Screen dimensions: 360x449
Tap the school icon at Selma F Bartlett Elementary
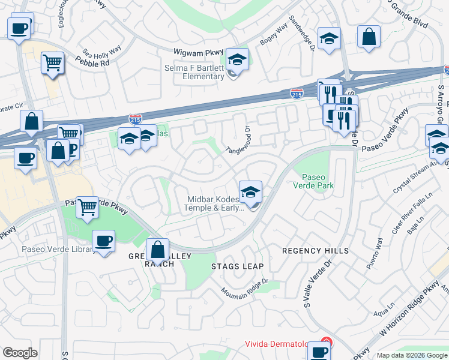coord(238,60)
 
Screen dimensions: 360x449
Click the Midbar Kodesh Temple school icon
coord(250,192)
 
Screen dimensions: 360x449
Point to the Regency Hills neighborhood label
coord(315,250)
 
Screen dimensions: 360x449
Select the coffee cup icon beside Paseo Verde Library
coord(103,241)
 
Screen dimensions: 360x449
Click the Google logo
coord(20,353)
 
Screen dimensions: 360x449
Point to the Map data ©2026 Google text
coord(412,355)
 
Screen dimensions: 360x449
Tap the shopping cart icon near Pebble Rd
coord(53,62)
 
